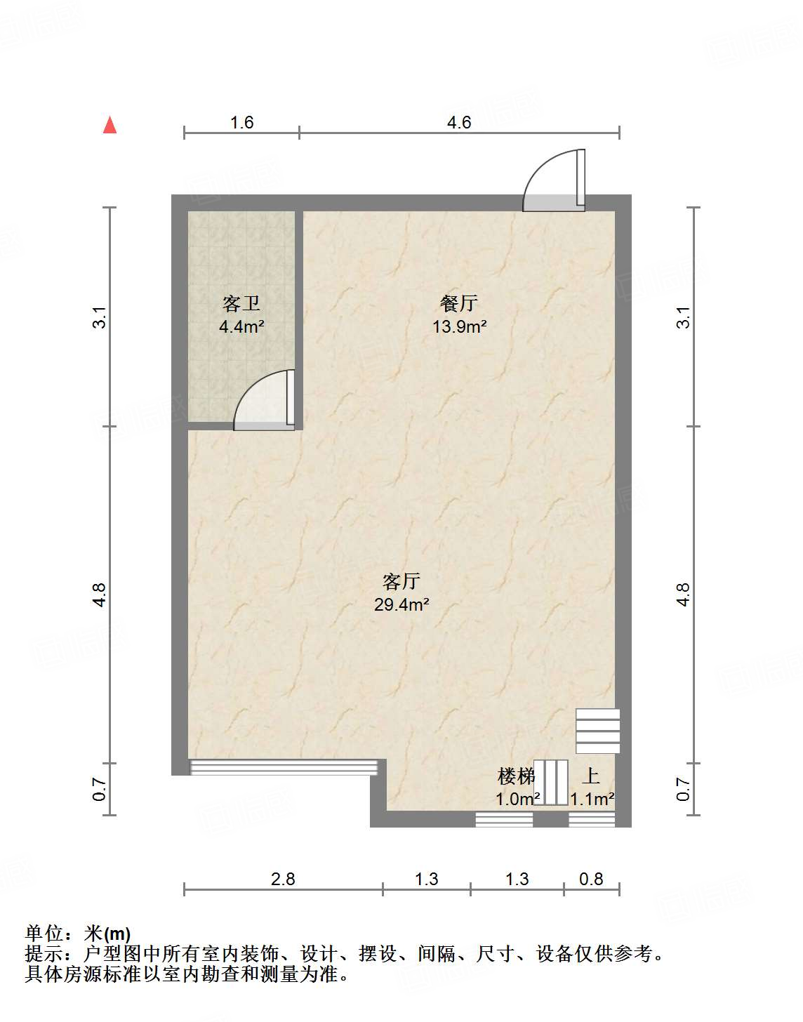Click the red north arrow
[109, 124]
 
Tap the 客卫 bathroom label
[241, 304]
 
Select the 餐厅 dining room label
[459, 303]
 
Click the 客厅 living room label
[401, 581]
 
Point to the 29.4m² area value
[401, 604]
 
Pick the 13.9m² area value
[459, 326]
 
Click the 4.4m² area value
[241, 326]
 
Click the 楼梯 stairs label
[517, 776]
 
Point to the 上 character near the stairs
[591, 776]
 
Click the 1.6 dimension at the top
[241, 123]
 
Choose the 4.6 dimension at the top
[459, 123]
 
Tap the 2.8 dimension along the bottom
[284, 879]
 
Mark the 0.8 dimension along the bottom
[592, 879]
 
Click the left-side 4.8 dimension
[100, 595]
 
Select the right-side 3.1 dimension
[684, 317]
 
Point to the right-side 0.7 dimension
[684, 790]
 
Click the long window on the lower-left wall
[284, 767]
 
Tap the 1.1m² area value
[592, 799]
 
